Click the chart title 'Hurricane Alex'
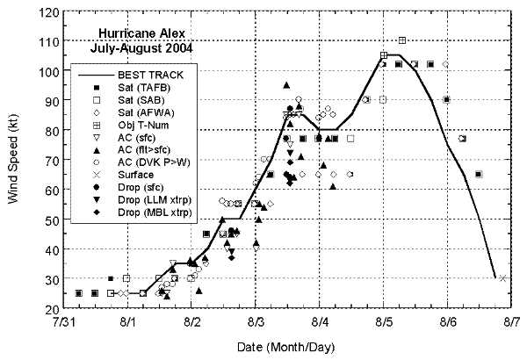(141, 34)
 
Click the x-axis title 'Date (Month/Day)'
(285, 348)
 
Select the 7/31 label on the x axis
(63, 322)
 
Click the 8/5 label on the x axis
(383, 322)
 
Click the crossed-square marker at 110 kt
(402, 40)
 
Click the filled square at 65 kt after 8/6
(479, 174)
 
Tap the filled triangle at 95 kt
(286, 85)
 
